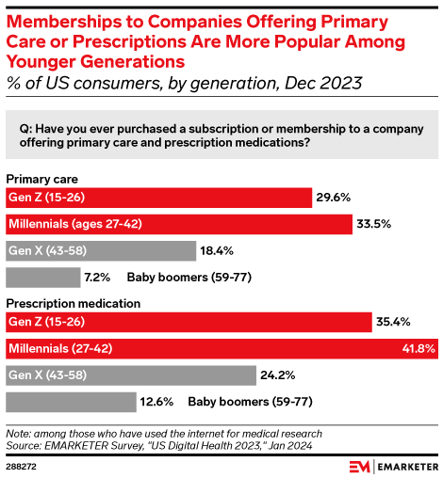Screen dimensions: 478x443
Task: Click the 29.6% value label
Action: tap(333, 198)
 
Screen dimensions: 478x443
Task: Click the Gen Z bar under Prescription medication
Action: tap(189, 323)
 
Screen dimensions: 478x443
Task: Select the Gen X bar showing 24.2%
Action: tap(131, 375)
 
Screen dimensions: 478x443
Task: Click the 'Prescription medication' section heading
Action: tap(74, 303)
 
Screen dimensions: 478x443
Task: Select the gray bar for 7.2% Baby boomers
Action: tap(43, 278)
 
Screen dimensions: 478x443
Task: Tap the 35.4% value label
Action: tap(393, 323)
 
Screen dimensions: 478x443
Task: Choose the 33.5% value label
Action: tap(371, 225)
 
